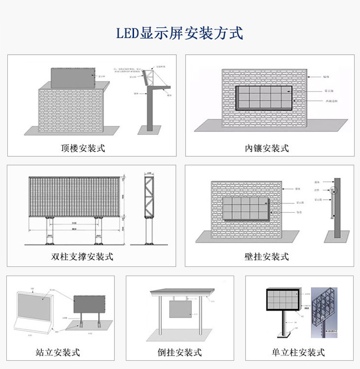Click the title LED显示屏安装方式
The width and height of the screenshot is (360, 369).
click(180, 34)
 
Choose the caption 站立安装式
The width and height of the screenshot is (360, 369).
click(58, 352)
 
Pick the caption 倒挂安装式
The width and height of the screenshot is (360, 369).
click(180, 352)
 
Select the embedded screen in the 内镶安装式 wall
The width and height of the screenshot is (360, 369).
click(264, 97)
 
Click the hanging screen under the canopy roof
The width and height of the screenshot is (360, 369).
click(181, 308)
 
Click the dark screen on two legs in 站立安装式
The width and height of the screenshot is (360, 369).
click(89, 304)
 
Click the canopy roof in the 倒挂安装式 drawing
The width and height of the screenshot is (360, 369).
click(181, 292)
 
